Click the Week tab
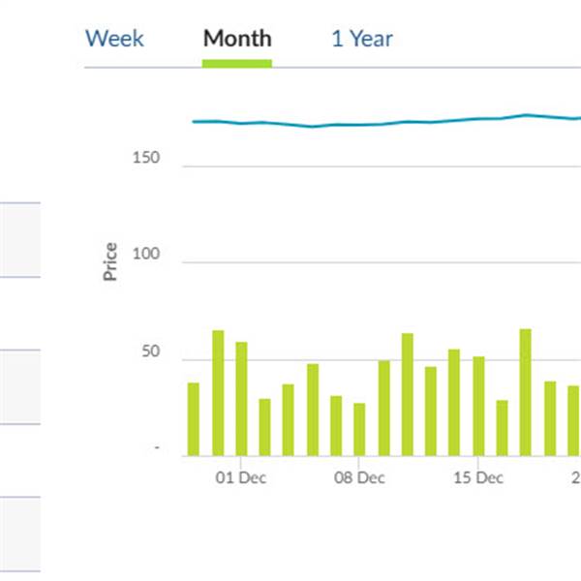pos(114,39)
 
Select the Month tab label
pos(237,39)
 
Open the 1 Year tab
pos(362,39)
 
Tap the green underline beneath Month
pos(237,63)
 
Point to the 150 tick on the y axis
pos(146,158)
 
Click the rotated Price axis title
pos(110,261)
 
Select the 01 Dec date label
pos(241,477)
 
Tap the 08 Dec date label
pos(359,477)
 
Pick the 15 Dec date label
pos(478,477)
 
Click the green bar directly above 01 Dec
pos(241,398)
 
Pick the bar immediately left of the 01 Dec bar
pos(218,392)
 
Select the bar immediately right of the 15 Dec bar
pos(502,427)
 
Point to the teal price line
pos(387,123)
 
